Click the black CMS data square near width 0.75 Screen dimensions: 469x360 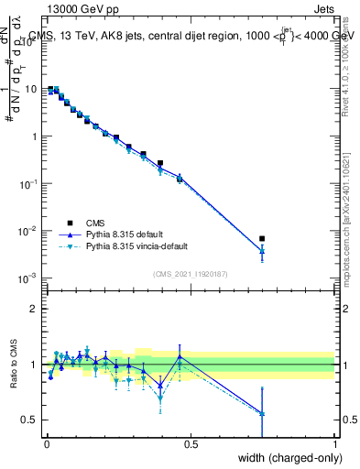click(x=262, y=239)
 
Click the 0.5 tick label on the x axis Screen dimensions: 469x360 click(x=190, y=444)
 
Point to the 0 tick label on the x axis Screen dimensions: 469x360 click(x=46, y=444)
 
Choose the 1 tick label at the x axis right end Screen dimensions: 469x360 click(x=334, y=444)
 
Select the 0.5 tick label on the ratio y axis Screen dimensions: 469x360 click(x=28, y=420)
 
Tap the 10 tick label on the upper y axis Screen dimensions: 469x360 click(x=30, y=90)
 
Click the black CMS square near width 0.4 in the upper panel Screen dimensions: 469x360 click(x=160, y=163)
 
